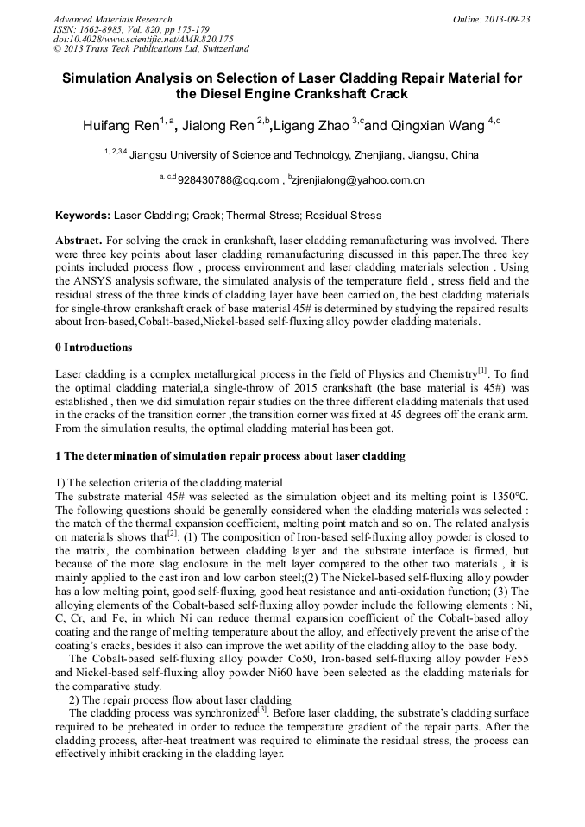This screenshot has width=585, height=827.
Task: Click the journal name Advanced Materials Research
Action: click(112, 19)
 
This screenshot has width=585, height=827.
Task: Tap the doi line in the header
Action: click(143, 40)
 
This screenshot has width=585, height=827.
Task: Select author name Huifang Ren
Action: click(120, 126)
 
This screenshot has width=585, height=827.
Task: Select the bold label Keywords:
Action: click(83, 216)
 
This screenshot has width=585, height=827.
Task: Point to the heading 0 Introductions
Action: click(93, 348)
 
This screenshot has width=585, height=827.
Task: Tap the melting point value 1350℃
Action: click(508, 497)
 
